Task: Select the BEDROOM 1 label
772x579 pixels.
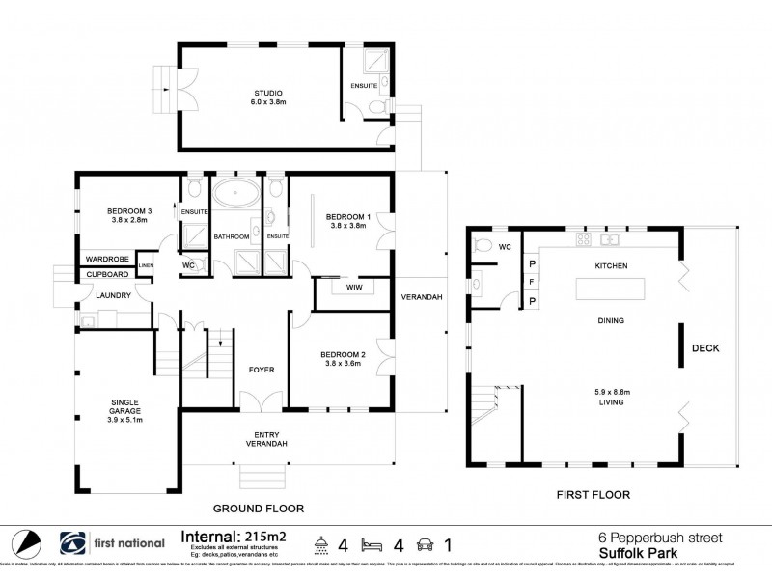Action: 347,216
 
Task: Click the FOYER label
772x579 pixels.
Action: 262,369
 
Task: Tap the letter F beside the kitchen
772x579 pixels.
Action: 531,282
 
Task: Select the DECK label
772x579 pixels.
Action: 705,348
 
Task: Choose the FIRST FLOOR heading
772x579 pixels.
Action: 593,495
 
